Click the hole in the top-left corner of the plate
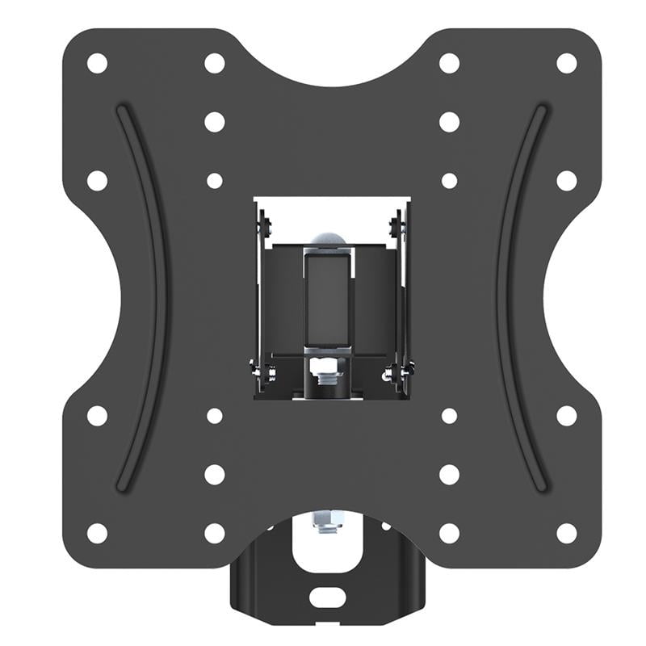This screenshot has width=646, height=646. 97,63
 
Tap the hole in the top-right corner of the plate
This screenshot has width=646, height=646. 567,63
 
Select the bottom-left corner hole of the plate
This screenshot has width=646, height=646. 97,533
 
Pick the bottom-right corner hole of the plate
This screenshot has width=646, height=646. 567,533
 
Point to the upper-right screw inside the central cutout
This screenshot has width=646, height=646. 395,224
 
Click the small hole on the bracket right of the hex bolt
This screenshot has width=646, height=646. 385,526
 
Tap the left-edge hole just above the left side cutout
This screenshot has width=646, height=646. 97,180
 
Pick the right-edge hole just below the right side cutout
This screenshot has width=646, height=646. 567,415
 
